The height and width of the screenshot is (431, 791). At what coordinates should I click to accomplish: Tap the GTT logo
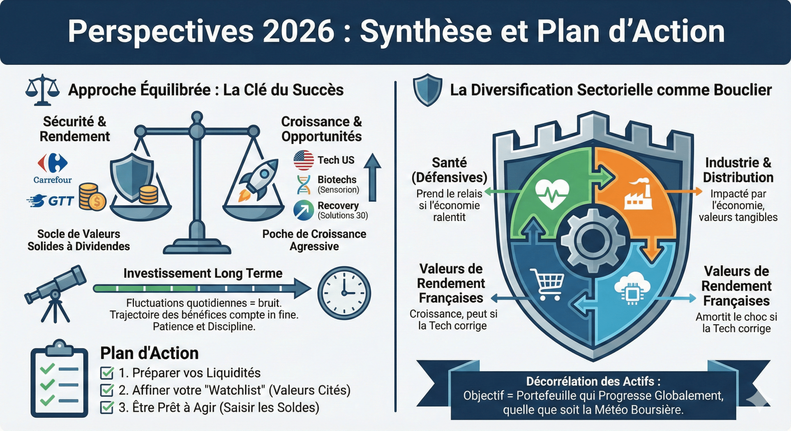tap(51, 201)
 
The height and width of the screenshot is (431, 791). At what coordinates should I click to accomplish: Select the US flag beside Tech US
tap(304, 160)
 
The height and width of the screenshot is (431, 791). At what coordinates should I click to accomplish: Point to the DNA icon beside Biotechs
tap(304, 184)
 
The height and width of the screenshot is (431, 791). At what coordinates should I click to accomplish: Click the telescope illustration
tap(55, 291)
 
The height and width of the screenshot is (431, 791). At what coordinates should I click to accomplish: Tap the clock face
tap(344, 293)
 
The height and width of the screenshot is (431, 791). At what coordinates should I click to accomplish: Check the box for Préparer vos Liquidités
tap(107, 373)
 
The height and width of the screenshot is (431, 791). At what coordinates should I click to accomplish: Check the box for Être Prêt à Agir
tap(107, 407)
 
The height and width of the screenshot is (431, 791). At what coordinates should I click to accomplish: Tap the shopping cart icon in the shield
tap(548, 284)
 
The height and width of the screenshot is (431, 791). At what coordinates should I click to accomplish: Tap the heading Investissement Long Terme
tap(203, 273)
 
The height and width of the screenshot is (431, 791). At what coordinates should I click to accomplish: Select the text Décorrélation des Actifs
tap(593, 381)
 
